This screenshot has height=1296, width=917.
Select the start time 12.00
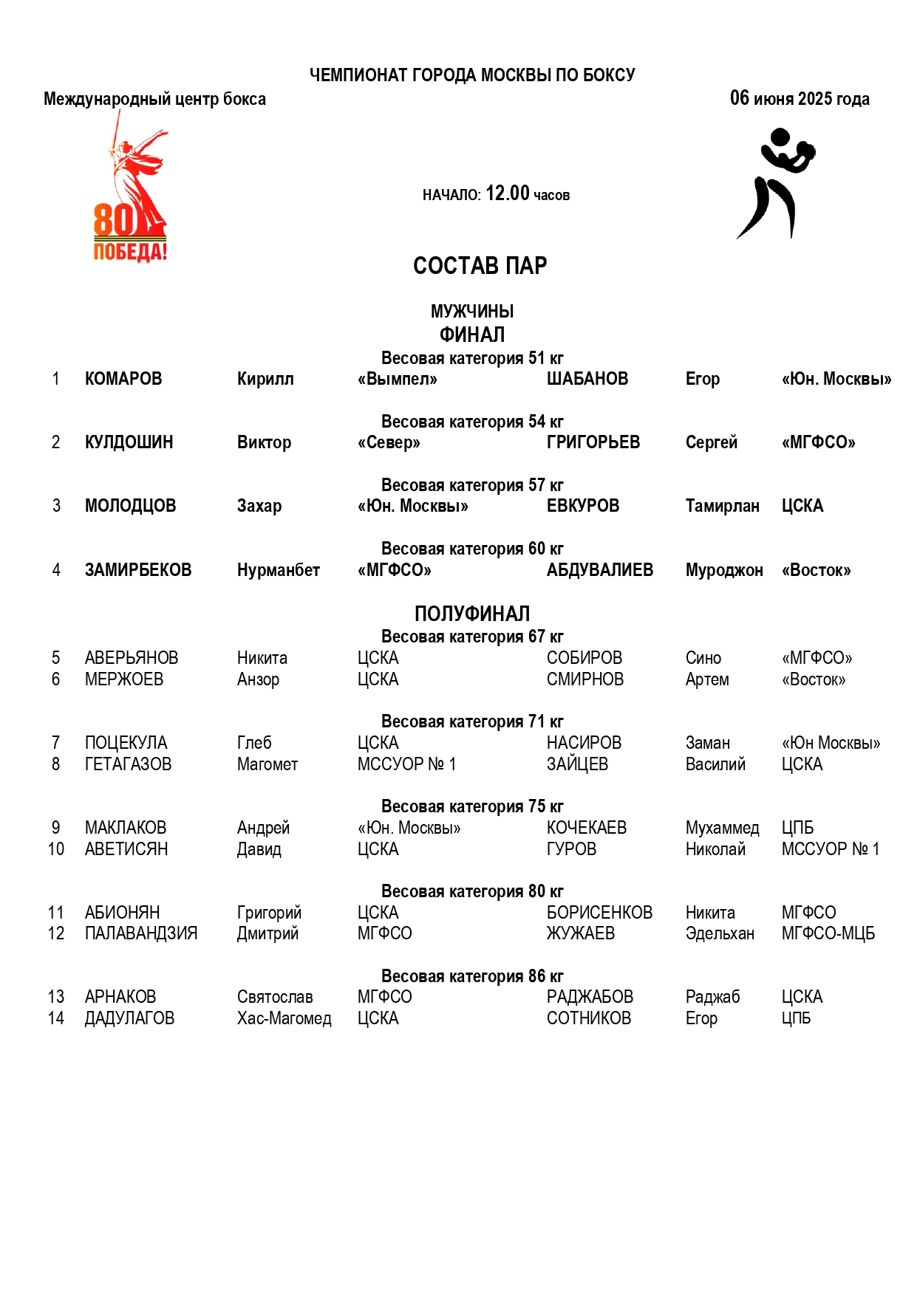508,193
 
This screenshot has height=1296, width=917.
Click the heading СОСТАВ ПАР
480,266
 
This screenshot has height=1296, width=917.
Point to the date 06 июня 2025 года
800,98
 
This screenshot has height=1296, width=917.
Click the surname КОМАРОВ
123,379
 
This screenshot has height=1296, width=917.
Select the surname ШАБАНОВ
587,379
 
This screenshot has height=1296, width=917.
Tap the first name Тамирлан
722,506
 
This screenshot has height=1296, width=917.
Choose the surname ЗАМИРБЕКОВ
138,570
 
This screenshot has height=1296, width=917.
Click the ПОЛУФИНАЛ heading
472,614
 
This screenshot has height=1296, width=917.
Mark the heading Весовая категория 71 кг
472,721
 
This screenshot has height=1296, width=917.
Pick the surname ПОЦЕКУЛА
126,743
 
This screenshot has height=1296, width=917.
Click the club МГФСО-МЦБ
828,933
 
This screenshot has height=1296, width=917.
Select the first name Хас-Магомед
284,1018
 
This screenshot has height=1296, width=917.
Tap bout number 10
56,849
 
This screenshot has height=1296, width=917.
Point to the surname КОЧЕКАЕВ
587,828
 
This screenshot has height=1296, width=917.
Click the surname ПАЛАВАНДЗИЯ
141,933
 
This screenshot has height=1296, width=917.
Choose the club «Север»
389,442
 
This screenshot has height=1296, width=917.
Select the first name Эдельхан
720,933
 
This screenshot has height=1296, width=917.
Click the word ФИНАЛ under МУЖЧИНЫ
472,335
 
